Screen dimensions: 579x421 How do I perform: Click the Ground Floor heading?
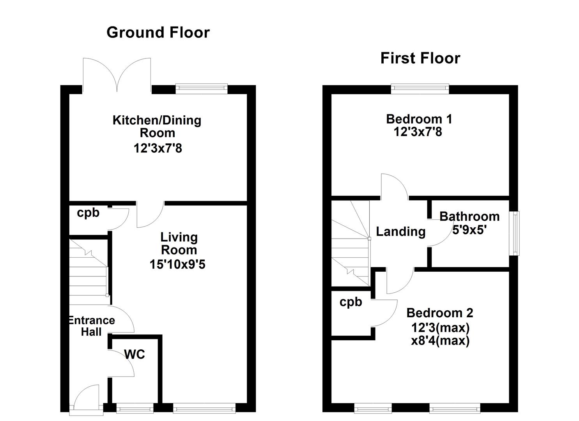(x=158, y=33)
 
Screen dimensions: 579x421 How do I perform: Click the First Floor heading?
(x=420, y=58)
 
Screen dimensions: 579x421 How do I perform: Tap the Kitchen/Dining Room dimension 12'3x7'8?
(x=158, y=149)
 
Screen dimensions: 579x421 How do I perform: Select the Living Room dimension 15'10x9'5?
(x=177, y=264)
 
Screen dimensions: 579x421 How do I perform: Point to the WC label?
(x=135, y=354)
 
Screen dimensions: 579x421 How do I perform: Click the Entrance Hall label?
(x=92, y=326)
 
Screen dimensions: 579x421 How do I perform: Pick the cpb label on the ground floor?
(x=88, y=213)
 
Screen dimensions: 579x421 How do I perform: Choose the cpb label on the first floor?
(x=351, y=302)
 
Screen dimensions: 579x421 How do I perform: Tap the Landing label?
(x=401, y=232)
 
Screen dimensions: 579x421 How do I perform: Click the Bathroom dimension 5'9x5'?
(x=469, y=230)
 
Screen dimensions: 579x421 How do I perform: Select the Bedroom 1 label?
(x=419, y=119)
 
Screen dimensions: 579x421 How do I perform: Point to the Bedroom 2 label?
(x=440, y=313)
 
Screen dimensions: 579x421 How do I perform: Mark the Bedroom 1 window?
(x=420, y=88)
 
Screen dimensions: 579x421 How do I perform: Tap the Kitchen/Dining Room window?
(x=202, y=88)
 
